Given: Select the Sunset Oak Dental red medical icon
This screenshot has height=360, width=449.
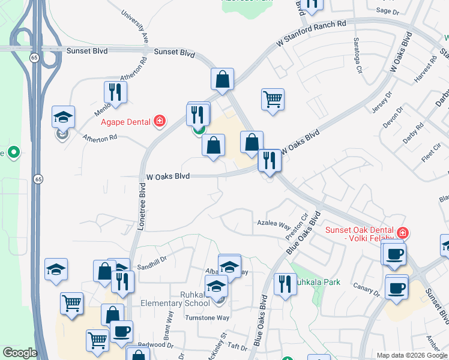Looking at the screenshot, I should pyautogui.click(x=403, y=232).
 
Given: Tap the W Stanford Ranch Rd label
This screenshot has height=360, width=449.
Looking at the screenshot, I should pyautogui.click(x=312, y=34).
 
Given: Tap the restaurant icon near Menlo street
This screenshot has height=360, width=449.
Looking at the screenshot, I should pyautogui.click(x=113, y=92).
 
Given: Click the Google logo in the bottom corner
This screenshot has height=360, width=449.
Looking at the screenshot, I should pyautogui.click(x=20, y=353).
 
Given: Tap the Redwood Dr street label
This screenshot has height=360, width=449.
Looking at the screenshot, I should pyautogui.click(x=151, y=344).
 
